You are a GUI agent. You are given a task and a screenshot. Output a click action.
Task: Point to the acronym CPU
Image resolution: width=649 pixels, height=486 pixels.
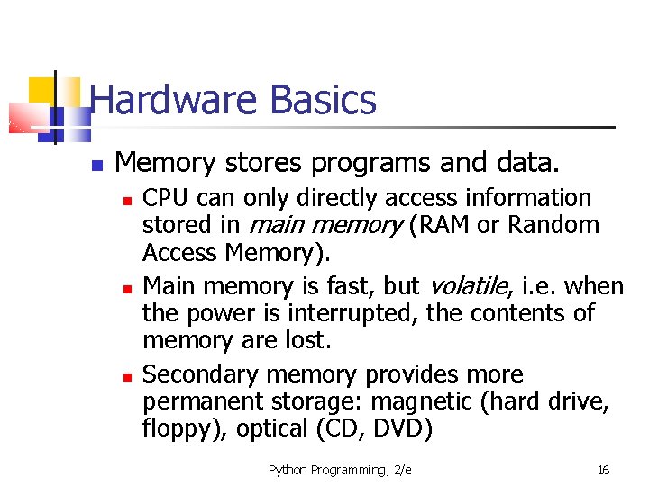click(x=167, y=198)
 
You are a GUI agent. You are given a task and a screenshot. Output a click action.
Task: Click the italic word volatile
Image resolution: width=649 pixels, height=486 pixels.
click(x=465, y=286)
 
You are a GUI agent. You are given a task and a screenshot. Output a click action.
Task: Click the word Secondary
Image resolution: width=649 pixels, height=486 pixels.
click(x=200, y=374)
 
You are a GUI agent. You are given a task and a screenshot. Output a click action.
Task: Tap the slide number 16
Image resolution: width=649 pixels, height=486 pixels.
click(x=603, y=470)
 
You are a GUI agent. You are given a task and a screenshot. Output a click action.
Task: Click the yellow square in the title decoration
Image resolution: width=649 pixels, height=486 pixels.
click(x=41, y=90)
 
